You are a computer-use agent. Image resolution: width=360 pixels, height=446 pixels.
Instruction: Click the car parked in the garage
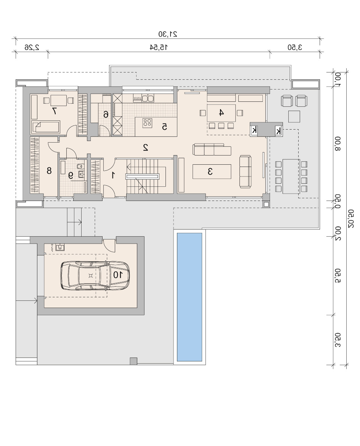pos(95,275)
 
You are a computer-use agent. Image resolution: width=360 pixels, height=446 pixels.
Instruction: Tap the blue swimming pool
pos(190,297)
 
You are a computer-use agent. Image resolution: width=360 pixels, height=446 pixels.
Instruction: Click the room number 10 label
pos(118,275)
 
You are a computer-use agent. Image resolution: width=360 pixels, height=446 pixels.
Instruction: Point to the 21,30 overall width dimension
pos(168,34)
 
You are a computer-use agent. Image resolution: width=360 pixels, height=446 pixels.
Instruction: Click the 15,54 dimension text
pos(159,47)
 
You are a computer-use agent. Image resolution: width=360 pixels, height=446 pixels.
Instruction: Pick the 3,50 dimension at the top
pos(294,47)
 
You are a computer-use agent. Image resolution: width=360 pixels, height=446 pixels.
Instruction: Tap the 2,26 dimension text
pos(32,47)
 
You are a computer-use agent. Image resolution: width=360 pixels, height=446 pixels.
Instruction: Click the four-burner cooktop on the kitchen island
pos(147,123)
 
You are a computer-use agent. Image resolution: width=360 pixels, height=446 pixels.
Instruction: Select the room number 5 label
pos(164,127)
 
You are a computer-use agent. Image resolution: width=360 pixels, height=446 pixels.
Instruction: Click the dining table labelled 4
pos(222,113)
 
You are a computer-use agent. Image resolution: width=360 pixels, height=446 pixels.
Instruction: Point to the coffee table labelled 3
pos(212,171)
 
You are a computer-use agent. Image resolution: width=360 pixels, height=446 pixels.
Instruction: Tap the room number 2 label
pos(145,148)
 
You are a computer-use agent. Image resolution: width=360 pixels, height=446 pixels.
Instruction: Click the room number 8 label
pos(49,171)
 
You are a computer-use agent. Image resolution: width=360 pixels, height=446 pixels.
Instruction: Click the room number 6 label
pos(106,115)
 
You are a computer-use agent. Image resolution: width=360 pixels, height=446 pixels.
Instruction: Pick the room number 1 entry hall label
pos(113,175)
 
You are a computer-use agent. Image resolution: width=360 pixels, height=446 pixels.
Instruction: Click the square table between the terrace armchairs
pos(294,116)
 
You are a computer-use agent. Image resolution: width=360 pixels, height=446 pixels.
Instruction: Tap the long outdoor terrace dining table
pos(291,176)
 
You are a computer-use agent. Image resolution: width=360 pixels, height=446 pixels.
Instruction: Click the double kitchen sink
pos(148,98)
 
